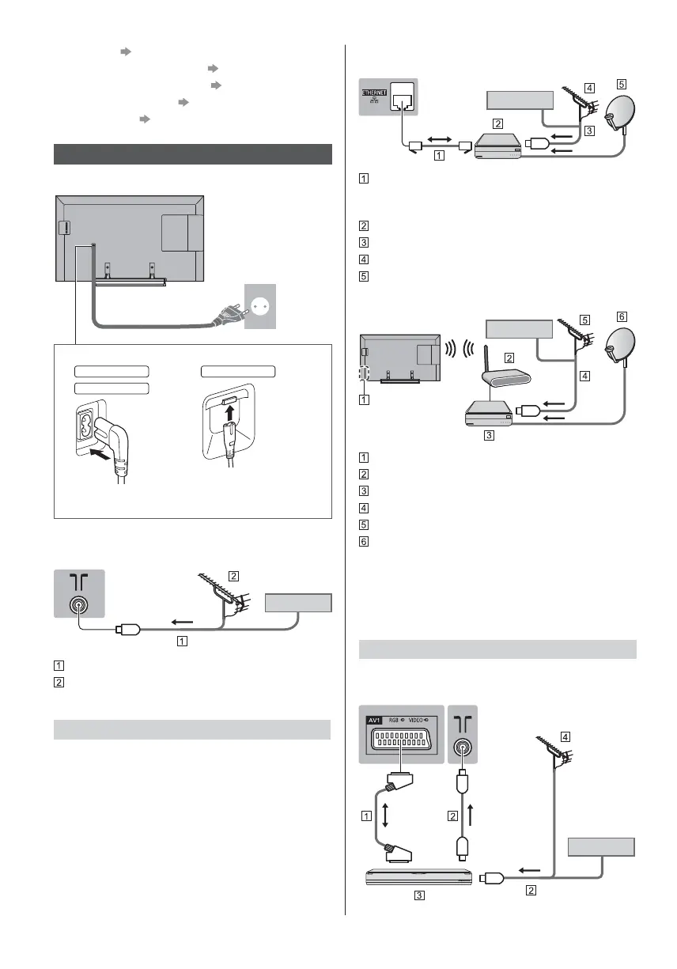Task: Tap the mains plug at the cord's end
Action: (227, 318)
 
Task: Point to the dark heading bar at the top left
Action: (191, 154)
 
